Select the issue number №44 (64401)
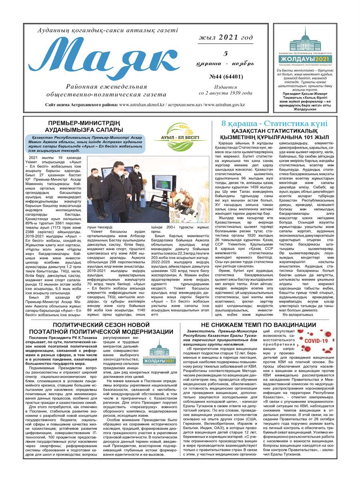coord(225,76)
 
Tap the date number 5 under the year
coord(226,54)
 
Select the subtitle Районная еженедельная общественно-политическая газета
coord(106,91)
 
